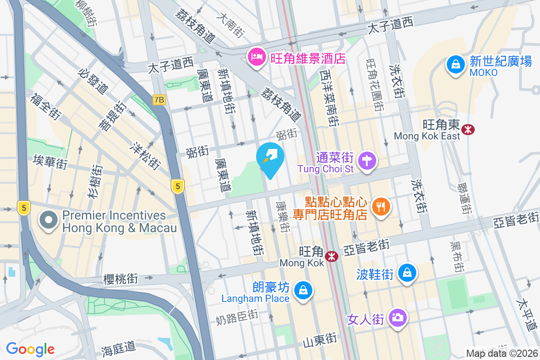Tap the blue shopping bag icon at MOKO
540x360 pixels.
click(x=456, y=64)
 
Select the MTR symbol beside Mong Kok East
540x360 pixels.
click(x=468, y=130)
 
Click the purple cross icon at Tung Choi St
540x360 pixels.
click(x=367, y=161)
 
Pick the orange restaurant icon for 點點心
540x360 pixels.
click(x=381, y=207)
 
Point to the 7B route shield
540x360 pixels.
click(x=159, y=100)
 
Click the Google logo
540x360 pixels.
click(x=30, y=349)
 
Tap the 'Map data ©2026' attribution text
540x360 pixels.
click(x=502, y=353)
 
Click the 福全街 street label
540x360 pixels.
click(x=46, y=107)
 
